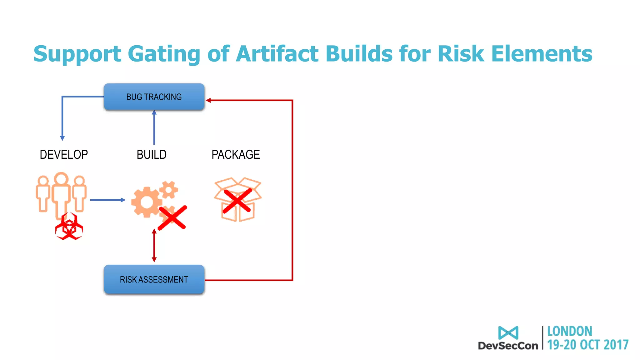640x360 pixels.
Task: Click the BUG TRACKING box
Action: click(x=154, y=97)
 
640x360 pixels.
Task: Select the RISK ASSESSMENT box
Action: click(x=154, y=279)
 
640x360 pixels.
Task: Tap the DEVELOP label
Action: click(x=64, y=155)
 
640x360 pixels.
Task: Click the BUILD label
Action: click(x=152, y=155)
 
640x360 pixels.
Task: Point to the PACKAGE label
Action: click(x=236, y=155)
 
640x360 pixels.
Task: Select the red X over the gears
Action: click(x=172, y=218)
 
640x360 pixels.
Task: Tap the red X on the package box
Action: click(x=237, y=201)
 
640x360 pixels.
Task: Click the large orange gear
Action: click(x=146, y=202)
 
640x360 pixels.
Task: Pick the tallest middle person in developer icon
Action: click(x=62, y=194)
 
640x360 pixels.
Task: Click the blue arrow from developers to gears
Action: click(x=107, y=200)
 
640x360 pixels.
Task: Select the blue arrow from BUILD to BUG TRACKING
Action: click(x=154, y=127)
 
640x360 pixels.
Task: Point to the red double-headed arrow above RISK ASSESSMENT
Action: click(x=154, y=245)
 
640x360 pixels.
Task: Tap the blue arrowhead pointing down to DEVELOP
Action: click(x=62, y=138)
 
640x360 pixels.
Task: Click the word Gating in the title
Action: click(x=164, y=54)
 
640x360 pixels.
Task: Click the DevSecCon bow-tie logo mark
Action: click(x=508, y=333)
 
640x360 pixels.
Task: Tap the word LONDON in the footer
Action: click(x=569, y=331)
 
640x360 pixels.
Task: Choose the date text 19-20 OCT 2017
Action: click(x=587, y=345)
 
